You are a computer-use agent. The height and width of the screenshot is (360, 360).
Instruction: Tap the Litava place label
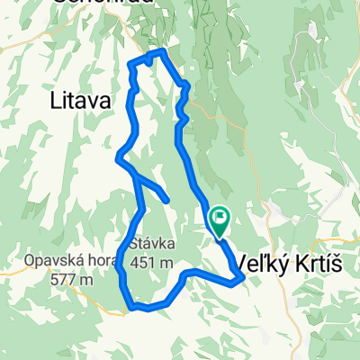click(x=82, y=102)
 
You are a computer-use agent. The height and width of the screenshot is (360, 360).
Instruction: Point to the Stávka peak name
click(x=151, y=244)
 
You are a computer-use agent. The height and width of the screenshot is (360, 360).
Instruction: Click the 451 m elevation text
click(x=151, y=262)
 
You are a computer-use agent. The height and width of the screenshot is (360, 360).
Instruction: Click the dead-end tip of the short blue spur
click(x=167, y=200)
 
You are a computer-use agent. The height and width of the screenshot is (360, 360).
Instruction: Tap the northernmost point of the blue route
click(x=162, y=52)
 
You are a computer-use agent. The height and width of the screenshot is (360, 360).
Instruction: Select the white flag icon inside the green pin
click(x=220, y=216)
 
